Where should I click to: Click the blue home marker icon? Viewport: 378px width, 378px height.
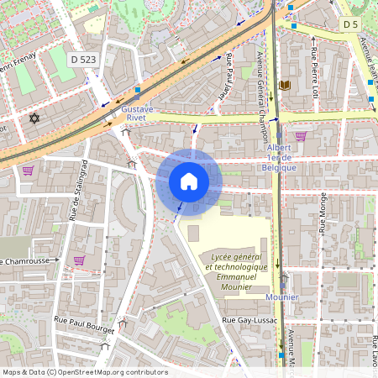(x=188, y=181)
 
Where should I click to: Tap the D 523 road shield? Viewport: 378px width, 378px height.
(x=84, y=60)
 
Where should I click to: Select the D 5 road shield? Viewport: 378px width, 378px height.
(x=351, y=25)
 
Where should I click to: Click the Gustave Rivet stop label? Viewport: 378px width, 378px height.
(x=138, y=109)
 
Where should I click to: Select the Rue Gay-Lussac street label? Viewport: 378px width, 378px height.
(x=250, y=321)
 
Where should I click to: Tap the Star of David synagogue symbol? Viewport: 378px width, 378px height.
(x=34, y=118)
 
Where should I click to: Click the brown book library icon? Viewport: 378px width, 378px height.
(x=284, y=85)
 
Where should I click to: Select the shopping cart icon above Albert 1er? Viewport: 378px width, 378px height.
(x=300, y=135)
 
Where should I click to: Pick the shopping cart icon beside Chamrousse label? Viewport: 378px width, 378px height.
(x=79, y=260)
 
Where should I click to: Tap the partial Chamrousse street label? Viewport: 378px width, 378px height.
(x=27, y=261)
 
